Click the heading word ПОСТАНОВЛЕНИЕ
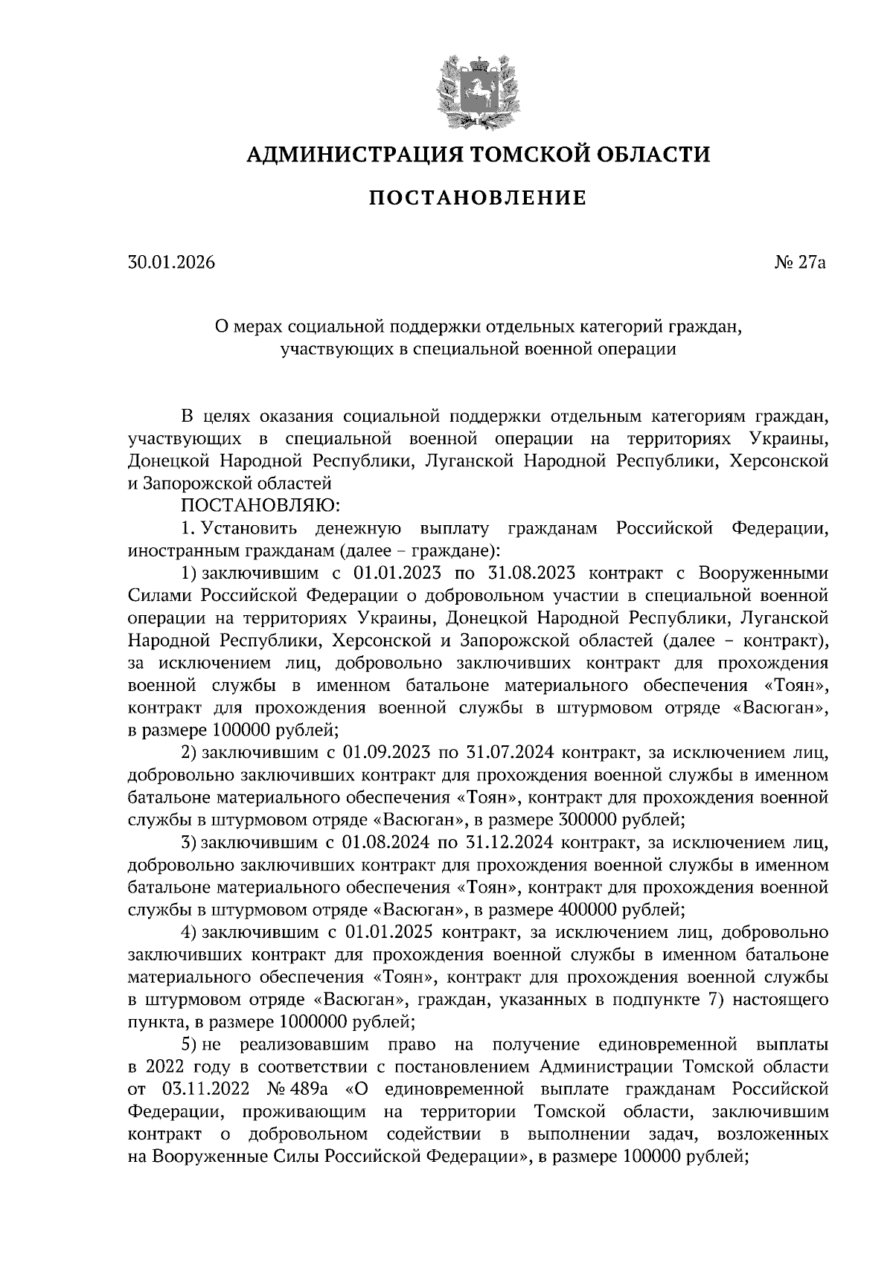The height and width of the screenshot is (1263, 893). coord(477,198)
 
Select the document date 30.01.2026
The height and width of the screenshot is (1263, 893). coord(171,263)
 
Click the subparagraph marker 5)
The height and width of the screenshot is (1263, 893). coord(191,1044)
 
